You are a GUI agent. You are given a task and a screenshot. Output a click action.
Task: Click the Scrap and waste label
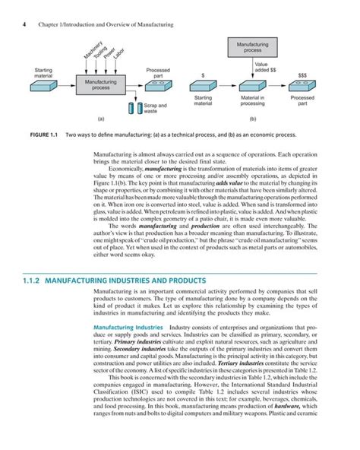pyautogui.click(x=155, y=109)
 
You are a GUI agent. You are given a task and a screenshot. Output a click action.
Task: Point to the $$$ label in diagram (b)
pyautogui.click(x=302, y=75)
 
